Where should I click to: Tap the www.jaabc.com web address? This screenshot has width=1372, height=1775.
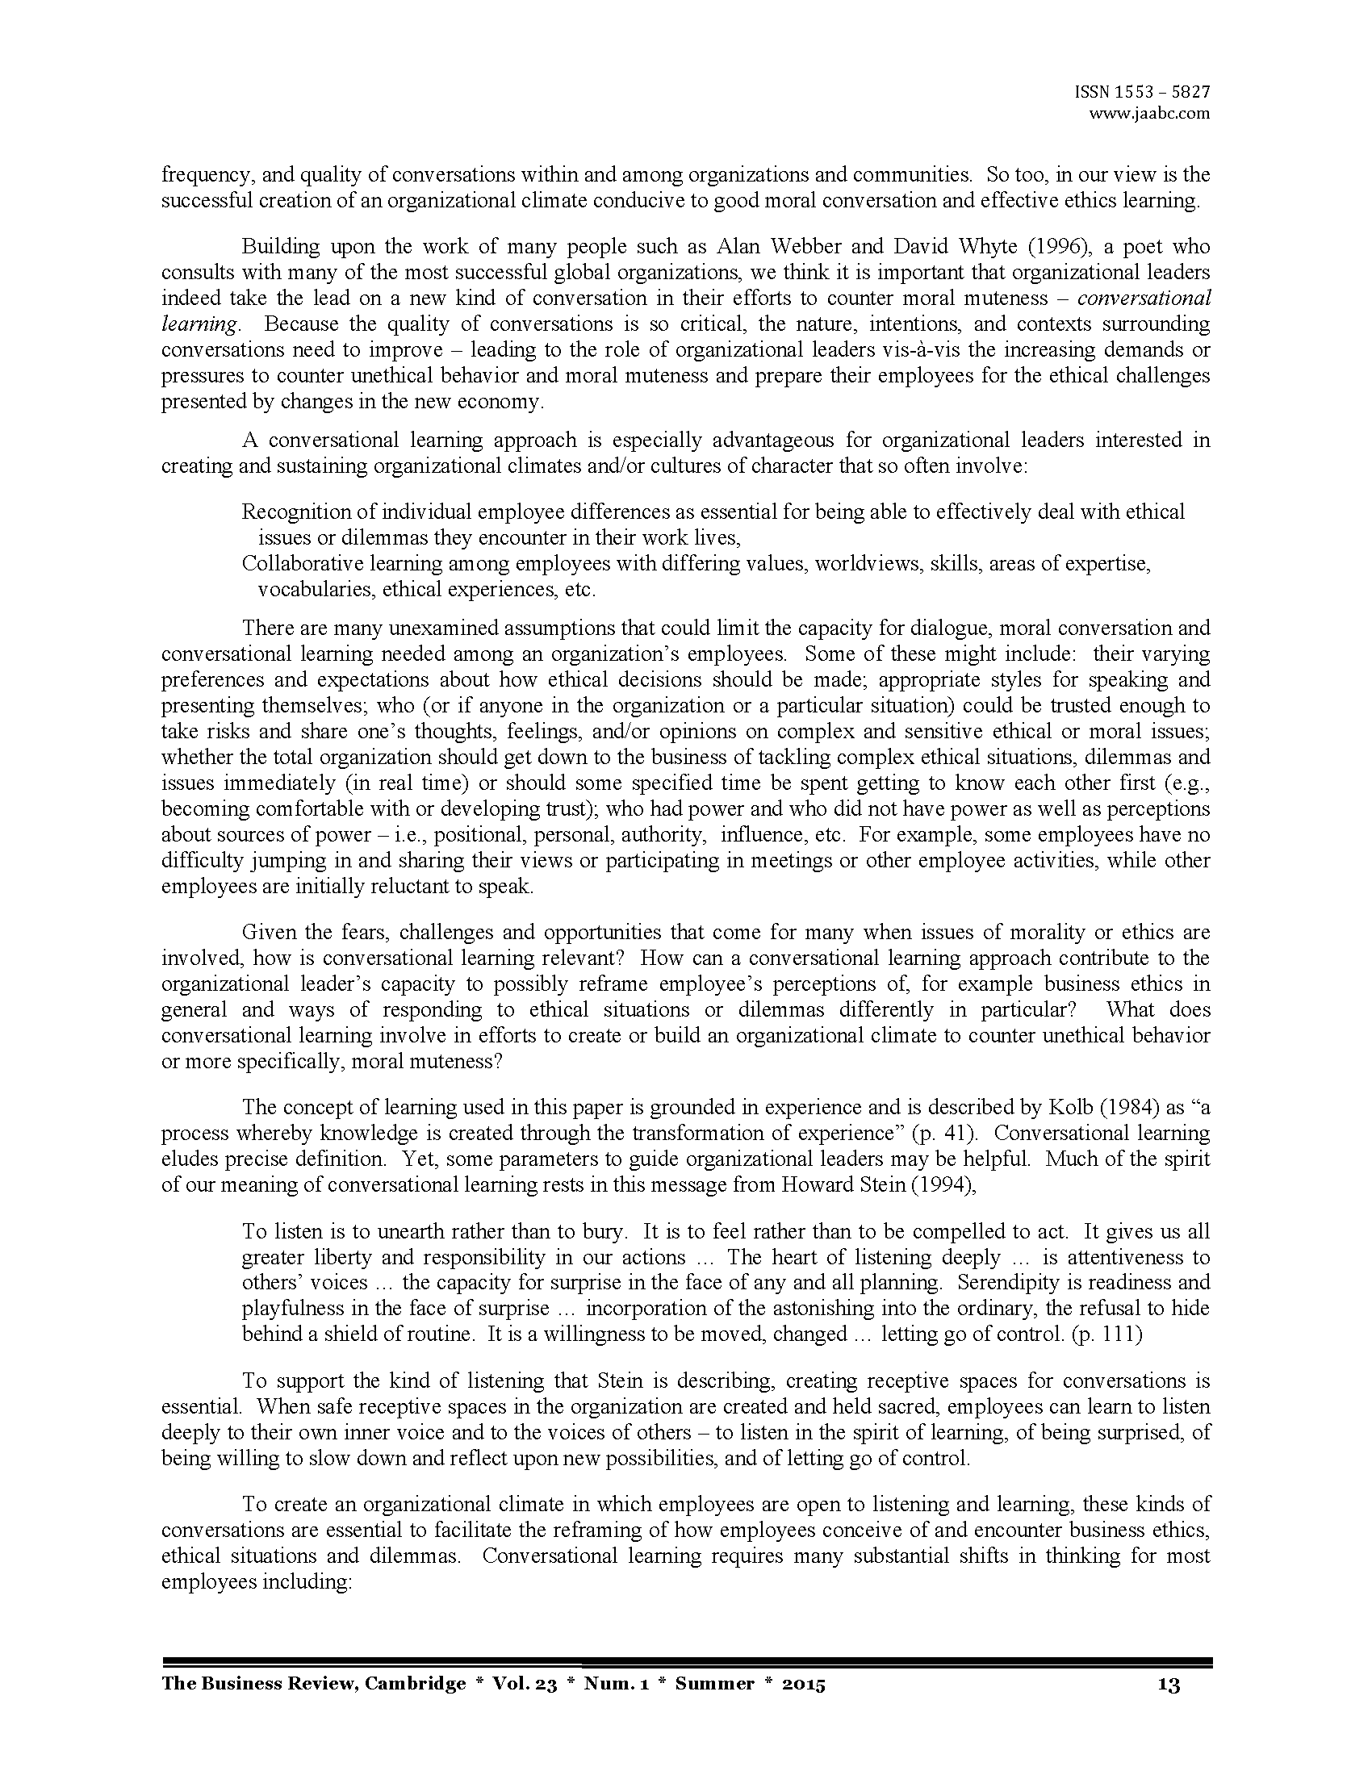(x=1149, y=114)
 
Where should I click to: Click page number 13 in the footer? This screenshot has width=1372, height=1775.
(x=1168, y=1685)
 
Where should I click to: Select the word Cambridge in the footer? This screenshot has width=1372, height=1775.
(x=416, y=1684)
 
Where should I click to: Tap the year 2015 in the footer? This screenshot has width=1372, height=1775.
(x=803, y=1684)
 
